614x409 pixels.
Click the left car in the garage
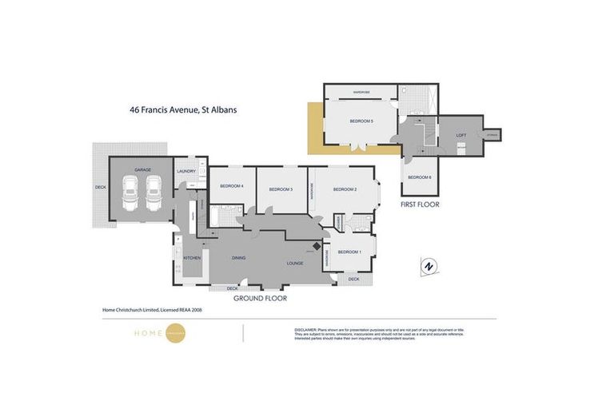[130, 194]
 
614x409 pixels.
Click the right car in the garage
[153, 194]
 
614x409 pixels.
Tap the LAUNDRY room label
[186, 171]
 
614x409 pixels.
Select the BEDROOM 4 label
[231, 186]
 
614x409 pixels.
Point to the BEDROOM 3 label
[280, 189]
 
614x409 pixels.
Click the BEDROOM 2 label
[345, 189]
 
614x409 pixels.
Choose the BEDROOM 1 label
[349, 252]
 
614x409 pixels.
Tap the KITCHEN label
[192, 258]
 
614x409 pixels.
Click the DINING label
[238, 257]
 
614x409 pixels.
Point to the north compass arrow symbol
[429, 266]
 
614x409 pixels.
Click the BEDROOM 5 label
[361, 121]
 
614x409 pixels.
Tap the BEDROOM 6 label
[419, 177]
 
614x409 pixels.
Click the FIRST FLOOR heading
[420, 204]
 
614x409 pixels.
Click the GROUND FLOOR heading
[260, 298]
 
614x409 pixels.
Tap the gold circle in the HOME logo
[175, 333]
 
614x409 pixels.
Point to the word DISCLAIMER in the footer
[307, 329]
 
